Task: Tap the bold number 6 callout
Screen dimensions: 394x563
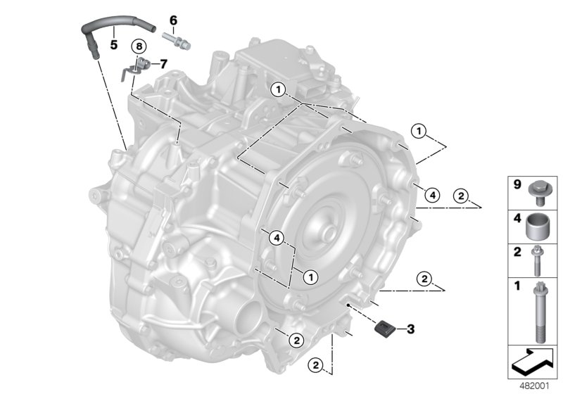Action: point(173,20)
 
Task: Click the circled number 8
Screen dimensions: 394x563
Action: point(139,46)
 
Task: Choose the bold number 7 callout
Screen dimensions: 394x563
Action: point(163,63)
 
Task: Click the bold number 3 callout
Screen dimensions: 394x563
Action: point(412,328)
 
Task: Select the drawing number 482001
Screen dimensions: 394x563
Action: point(534,386)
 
